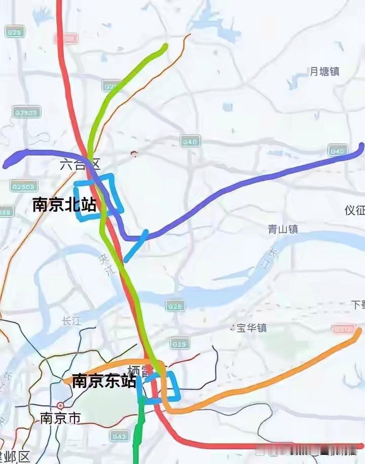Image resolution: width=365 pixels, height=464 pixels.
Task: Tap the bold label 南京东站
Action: click(x=104, y=381)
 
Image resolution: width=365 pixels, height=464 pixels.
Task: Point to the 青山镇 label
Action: click(x=282, y=229)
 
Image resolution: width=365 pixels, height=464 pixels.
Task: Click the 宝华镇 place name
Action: click(x=251, y=328)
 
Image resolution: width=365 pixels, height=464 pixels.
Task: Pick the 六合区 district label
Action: click(x=80, y=164)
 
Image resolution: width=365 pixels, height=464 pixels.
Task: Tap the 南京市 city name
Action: click(x=60, y=418)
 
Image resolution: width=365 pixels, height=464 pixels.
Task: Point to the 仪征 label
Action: click(x=354, y=210)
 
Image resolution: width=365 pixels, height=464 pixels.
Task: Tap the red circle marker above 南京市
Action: click(x=60, y=406)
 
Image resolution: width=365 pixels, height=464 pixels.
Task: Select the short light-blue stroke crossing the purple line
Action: click(x=136, y=246)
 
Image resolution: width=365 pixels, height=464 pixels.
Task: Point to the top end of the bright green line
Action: click(x=165, y=47)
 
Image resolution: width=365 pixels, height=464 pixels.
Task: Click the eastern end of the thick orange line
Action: click(x=359, y=331)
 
